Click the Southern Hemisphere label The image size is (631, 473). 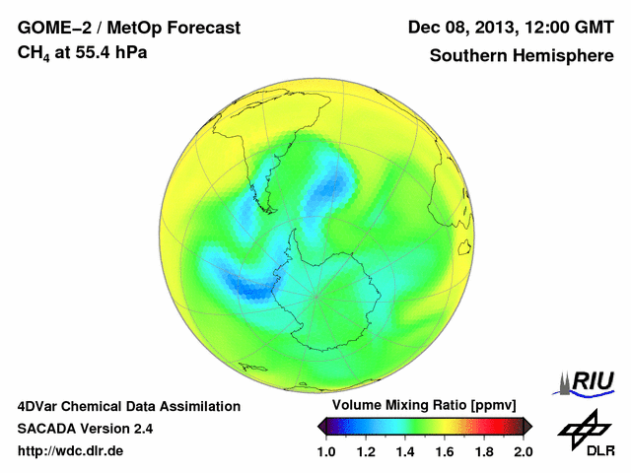click(521, 55)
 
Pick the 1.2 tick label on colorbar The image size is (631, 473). click(366, 451)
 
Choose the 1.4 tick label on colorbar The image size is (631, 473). click(405, 451)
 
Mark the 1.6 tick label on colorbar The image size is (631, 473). click(445, 451)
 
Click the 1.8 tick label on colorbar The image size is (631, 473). click(484, 451)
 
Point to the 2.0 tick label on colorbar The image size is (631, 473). click(524, 451)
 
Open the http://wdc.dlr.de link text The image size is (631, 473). click(71, 451)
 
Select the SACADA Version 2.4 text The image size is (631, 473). click(85, 429)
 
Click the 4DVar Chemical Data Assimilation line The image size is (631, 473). click(128, 406)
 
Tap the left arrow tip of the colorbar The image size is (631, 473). click(321, 426)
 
